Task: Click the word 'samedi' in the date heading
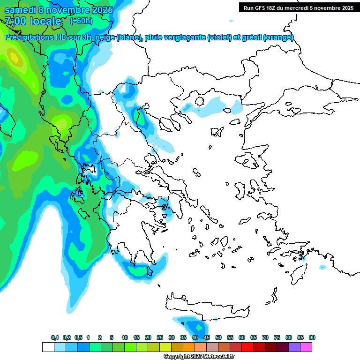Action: [x=19, y=9]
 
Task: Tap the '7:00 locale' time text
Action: [x=33, y=21]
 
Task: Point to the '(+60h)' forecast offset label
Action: [x=81, y=21]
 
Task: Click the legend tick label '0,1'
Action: [x=55, y=337]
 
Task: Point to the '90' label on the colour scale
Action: [x=312, y=337]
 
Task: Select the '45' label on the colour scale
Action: [x=207, y=337]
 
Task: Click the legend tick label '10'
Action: [x=125, y=337]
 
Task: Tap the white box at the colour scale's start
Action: [x=48, y=347]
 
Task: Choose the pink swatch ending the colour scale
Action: [x=306, y=347]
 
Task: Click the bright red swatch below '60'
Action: [x=247, y=347]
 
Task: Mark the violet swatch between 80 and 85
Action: [x=294, y=347]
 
